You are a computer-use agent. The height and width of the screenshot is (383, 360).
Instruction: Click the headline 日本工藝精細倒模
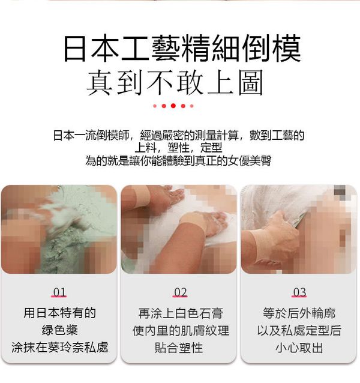click(182, 48)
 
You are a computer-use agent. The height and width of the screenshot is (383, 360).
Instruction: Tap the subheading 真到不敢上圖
click(175, 83)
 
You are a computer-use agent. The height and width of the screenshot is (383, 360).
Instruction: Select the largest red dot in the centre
click(173, 106)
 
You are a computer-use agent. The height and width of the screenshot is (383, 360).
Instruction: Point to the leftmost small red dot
click(155, 106)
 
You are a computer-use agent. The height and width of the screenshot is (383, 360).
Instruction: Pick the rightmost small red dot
click(191, 106)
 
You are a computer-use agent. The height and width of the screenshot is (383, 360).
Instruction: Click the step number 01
click(59, 292)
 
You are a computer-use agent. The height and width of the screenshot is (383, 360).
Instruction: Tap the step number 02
click(181, 292)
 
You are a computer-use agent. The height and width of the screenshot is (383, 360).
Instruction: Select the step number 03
click(300, 292)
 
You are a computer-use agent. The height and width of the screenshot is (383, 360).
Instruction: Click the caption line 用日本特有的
click(59, 313)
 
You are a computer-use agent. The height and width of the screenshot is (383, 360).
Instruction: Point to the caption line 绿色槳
click(59, 330)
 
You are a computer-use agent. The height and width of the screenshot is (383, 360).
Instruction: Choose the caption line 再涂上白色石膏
click(181, 313)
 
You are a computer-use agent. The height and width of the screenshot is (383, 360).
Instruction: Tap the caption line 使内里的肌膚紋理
click(181, 331)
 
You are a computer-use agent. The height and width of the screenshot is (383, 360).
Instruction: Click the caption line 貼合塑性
click(179, 348)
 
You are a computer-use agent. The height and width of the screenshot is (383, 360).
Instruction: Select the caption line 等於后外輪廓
click(299, 313)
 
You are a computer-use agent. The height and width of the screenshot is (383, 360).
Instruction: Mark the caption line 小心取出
click(299, 348)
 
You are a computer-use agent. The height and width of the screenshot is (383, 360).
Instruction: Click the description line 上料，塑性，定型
click(178, 148)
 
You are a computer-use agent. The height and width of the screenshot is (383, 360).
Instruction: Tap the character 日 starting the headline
click(74, 49)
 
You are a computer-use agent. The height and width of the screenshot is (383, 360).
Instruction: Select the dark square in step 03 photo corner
click(340, 190)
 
